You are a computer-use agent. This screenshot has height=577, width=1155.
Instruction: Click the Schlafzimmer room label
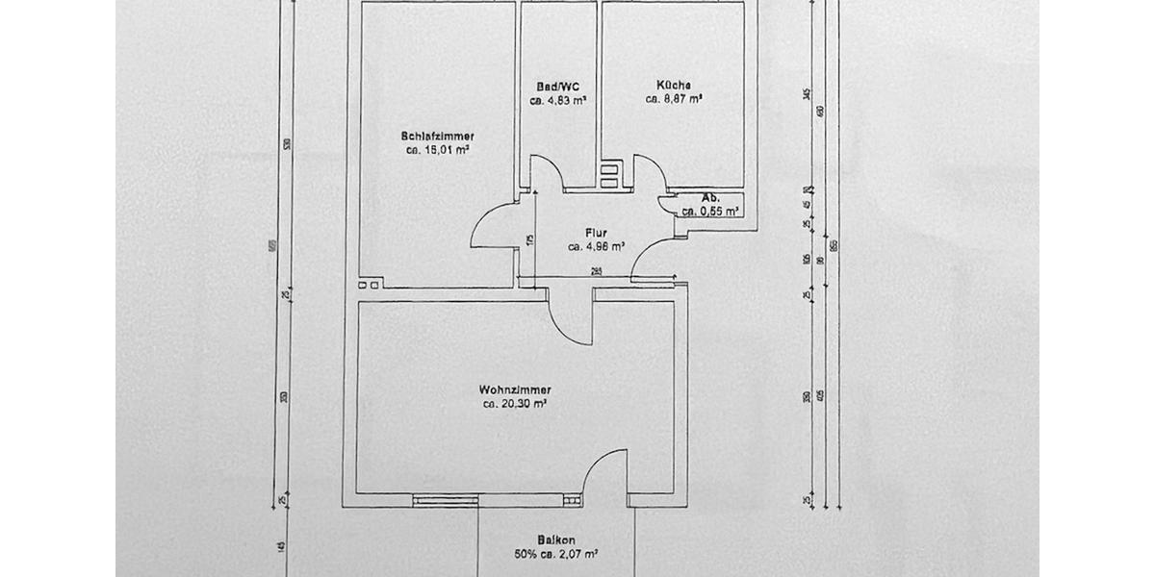tap(439, 136)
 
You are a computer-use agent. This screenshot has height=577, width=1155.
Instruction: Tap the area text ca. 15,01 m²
tap(439, 150)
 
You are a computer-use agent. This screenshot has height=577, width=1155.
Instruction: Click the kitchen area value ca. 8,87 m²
tap(674, 98)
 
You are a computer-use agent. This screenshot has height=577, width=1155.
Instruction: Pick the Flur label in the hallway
tap(596, 232)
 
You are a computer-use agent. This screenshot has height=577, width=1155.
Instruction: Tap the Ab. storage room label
tap(711, 198)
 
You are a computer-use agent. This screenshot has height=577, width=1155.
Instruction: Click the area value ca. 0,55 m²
tap(711, 212)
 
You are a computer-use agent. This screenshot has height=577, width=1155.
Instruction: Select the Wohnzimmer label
tap(515, 389)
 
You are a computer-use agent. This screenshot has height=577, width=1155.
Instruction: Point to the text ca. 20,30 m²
tap(516, 405)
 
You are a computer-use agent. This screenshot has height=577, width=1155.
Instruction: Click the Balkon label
tap(557, 540)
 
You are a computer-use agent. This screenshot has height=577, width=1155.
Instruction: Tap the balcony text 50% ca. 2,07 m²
tap(557, 555)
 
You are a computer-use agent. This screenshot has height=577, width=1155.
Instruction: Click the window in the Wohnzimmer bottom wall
tap(445, 499)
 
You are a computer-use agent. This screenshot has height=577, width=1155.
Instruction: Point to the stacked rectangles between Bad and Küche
tap(609, 176)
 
